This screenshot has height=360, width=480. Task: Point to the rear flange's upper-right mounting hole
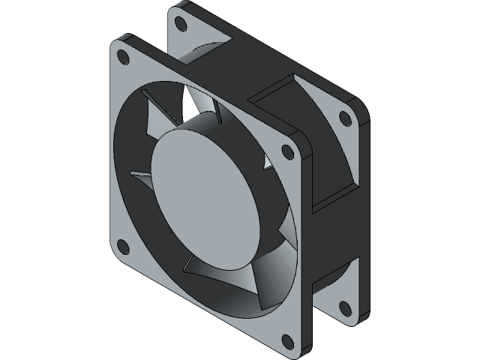coord(344,118)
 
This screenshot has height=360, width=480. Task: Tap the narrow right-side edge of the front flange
coord(307,247)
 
